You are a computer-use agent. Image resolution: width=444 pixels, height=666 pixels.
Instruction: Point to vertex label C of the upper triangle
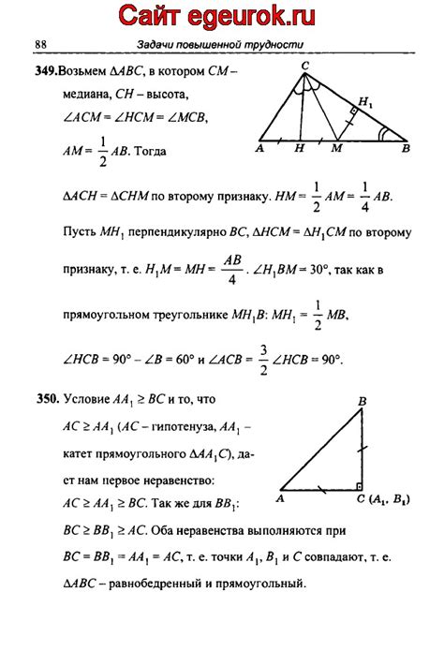tap(304, 66)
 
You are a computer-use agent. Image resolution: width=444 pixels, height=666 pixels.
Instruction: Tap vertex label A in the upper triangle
tap(259, 148)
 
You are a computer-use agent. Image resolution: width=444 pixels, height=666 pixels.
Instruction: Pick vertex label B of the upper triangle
tap(405, 148)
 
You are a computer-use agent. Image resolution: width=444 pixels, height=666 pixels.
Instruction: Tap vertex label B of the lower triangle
tap(361, 402)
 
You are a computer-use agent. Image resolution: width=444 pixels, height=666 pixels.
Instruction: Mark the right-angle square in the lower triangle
tap(359, 486)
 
